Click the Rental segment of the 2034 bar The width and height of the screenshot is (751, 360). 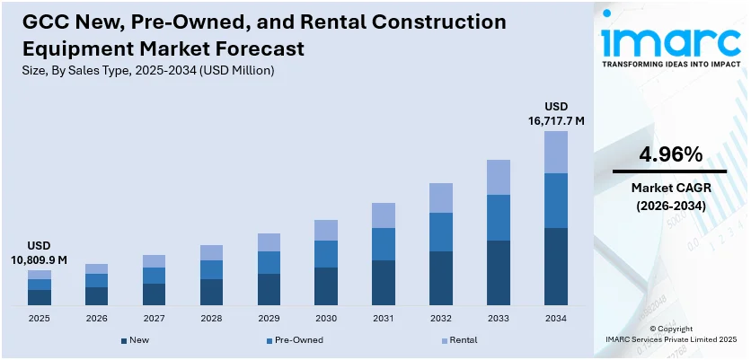(556, 152)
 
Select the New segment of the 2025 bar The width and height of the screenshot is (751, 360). (40, 297)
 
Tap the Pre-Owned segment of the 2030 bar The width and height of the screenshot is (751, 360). (326, 254)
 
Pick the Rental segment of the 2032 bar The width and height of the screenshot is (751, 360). (441, 198)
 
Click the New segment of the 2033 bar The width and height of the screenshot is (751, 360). (499, 273)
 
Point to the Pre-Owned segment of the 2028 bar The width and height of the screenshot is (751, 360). (211, 269)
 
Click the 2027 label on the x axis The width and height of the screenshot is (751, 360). (154, 319)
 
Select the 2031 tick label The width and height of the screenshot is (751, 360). (384, 319)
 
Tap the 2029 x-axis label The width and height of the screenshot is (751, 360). (269, 319)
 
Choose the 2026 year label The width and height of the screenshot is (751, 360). (96, 319)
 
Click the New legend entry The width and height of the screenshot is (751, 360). (135, 340)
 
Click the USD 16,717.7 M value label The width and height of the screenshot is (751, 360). (555, 112)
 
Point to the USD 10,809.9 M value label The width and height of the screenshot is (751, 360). (40, 252)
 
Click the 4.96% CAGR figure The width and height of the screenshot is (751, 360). (670, 154)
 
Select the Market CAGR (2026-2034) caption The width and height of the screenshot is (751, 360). (670, 197)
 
